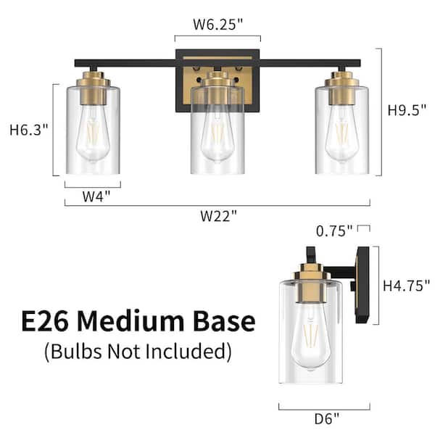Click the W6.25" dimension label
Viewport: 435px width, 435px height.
pyautogui.click(x=217, y=24)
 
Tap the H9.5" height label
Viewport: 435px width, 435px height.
pyautogui.click(x=407, y=110)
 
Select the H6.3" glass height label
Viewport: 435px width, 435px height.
pyautogui.click(x=28, y=130)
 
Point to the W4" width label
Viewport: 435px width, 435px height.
pyautogui.click(x=96, y=196)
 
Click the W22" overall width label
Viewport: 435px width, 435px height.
pyautogui.click(x=219, y=216)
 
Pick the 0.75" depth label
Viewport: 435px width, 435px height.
pyautogui.click(x=334, y=231)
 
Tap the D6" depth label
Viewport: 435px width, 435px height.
pyautogui.click(x=327, y=419)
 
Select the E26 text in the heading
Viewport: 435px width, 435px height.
pyautogui.click(x=44, y=321)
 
